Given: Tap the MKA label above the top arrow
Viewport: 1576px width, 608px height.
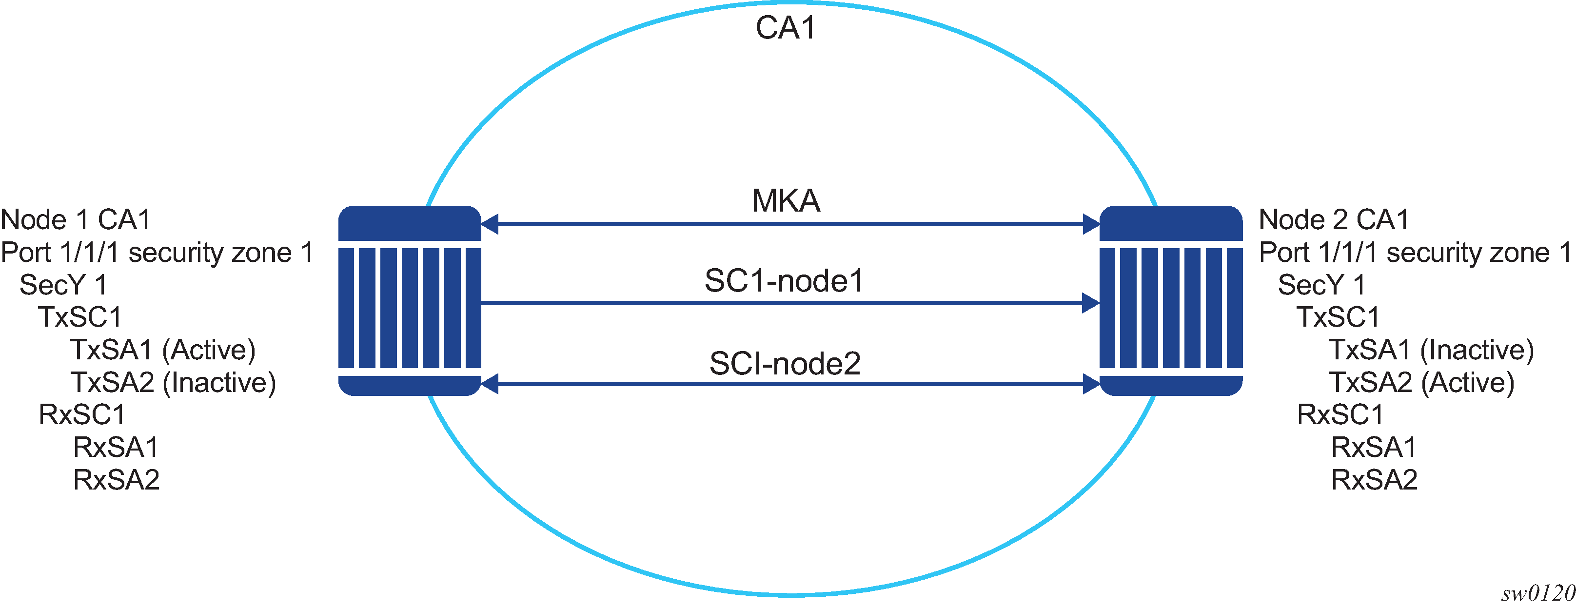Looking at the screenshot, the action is click(x=786, y=200).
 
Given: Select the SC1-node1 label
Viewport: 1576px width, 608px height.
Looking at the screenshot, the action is click(x=784, y=281).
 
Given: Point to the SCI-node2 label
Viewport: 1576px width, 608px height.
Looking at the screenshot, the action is click(x=785, y=364).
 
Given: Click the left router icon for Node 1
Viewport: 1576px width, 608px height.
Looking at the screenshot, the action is click(x=410, y=300).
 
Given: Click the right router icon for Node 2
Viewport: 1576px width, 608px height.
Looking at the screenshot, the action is click(x=1171, y=300).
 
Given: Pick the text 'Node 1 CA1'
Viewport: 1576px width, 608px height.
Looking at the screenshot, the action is click(x=75, y=219).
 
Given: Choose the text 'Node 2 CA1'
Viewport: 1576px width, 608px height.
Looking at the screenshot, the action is click(x=1334, y=219).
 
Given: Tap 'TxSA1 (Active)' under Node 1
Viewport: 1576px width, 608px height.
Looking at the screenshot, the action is click(x=163, y=350).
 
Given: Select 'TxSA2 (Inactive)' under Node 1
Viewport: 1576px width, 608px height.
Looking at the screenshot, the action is click(x=173, y=382).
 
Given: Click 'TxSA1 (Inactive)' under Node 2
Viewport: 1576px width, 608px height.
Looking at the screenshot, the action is click(x=1432, y=350).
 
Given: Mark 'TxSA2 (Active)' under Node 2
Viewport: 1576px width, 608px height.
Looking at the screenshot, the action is click(x=1422, y=382).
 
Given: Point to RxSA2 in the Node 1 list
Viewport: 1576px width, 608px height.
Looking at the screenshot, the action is click(x=116, y=480).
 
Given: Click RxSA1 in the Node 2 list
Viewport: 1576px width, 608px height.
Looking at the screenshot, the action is click(x=1374, y=447).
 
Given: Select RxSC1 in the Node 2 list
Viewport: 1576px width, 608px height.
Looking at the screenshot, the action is click(x=1340, y=415).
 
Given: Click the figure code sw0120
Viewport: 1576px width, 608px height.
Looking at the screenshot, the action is click(x=1538, y=593).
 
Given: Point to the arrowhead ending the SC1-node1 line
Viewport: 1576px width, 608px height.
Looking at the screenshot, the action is click(x=1091, y=303).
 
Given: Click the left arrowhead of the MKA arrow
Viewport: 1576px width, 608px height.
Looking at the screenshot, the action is click(x=490, y=224).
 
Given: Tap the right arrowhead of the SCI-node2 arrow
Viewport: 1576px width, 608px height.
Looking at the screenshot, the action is click(x=1091, y=384).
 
